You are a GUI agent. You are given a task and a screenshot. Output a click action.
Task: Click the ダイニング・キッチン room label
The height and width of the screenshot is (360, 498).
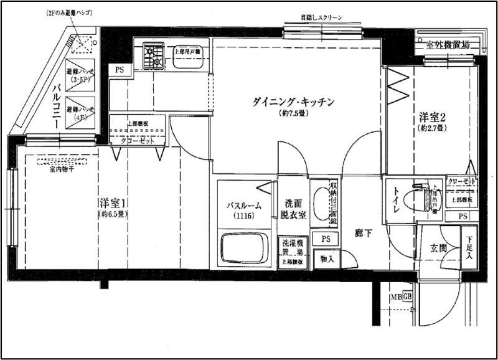tap(294, 101)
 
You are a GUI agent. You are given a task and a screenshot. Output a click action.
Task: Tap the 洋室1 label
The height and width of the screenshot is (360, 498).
tap(113, 203)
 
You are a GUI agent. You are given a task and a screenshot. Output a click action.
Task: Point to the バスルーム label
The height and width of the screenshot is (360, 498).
tap(243, 206)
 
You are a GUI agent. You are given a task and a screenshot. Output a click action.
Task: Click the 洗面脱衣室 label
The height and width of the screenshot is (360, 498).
tap(293, 208)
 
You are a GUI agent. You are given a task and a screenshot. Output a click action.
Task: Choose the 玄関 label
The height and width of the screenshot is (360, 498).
tap(439, 249)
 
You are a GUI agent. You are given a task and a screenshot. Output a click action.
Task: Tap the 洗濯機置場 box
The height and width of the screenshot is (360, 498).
tap(292, 247)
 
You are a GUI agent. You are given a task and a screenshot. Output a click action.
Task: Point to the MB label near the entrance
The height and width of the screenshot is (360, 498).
tap(397, 296)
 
